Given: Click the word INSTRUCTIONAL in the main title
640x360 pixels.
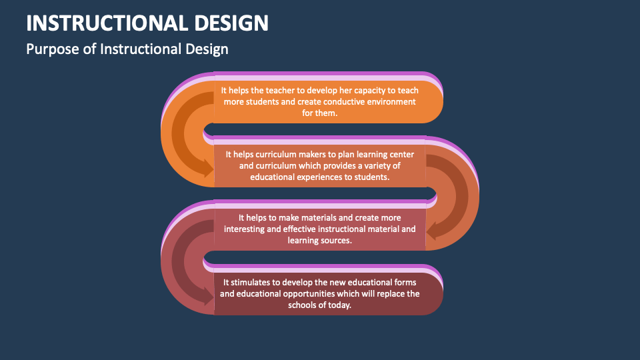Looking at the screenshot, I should pyautogui.click(x=108, y=23).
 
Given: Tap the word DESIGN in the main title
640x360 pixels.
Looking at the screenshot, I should pyautogui.click(x=232, y=23).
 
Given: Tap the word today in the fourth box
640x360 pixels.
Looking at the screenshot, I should pyautogui.click(x=338, y=305).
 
